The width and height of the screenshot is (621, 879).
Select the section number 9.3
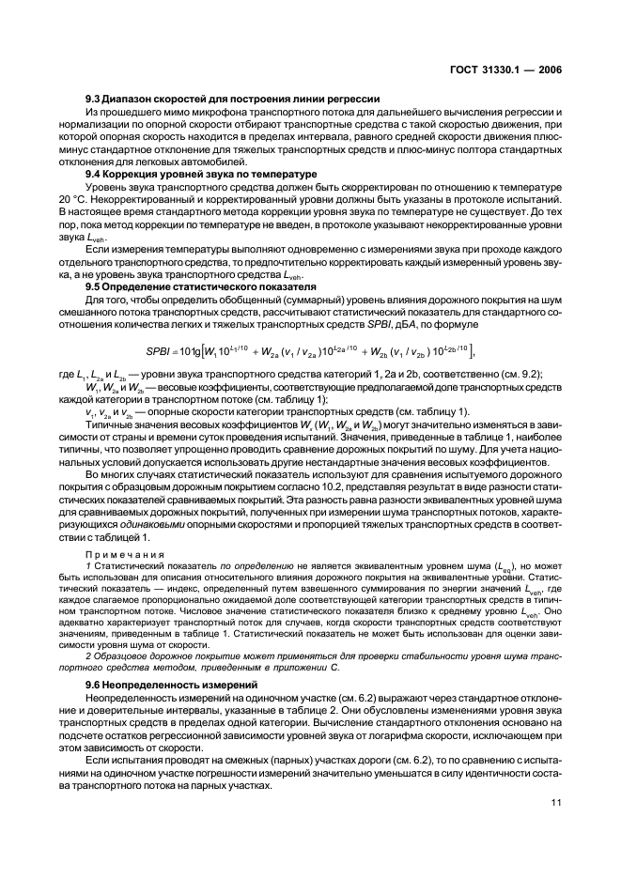pyautogui.click(x=93, y=98)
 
